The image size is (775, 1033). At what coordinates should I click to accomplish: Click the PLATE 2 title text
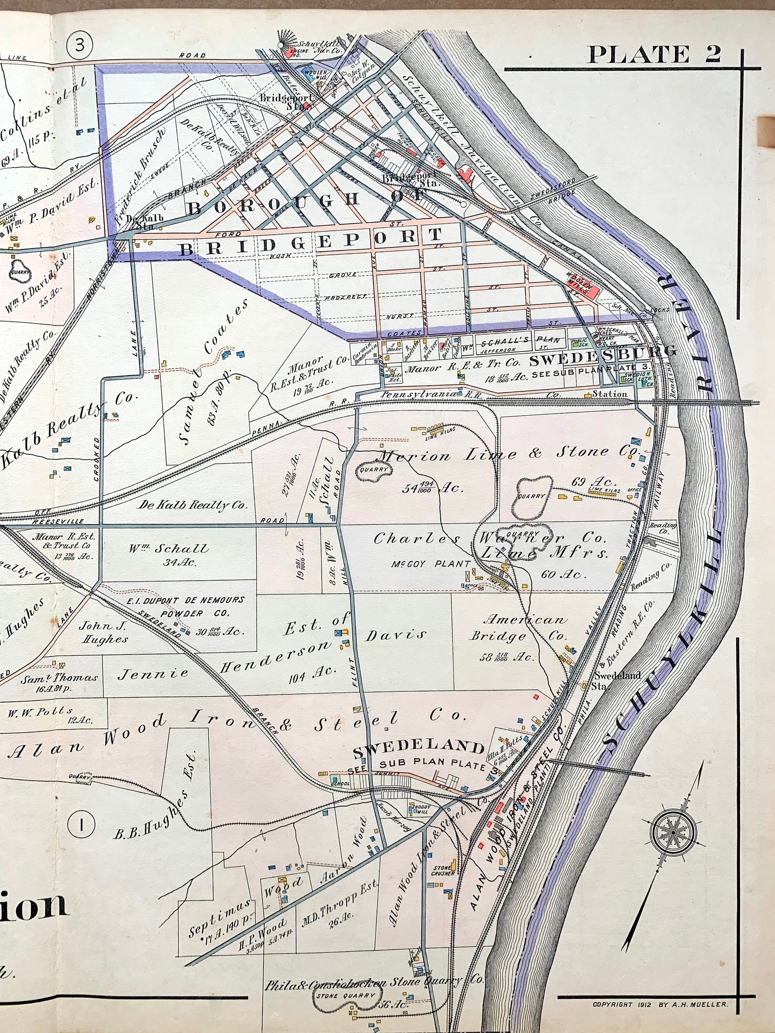653,55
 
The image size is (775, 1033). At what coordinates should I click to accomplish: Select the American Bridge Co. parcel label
517,628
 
